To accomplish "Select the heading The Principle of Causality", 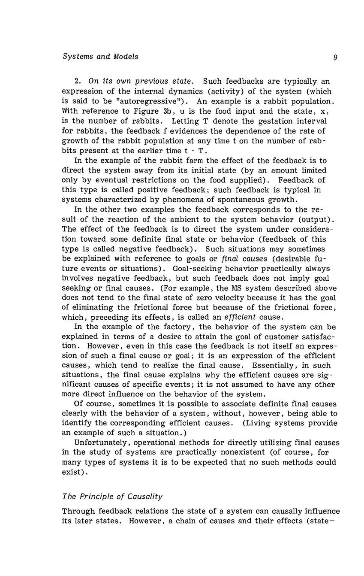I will click(112, 497).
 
